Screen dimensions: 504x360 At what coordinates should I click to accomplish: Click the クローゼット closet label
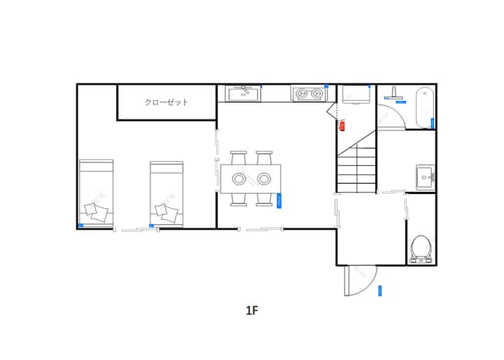(x=166, y=102)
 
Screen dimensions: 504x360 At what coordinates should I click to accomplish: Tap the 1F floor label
(x=252, y=310)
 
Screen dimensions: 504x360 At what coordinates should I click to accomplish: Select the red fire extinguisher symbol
(x=342, y=125)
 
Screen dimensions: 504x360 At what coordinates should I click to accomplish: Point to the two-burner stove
(x=309, y=93)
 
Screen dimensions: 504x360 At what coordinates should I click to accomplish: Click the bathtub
(x=425, y=108)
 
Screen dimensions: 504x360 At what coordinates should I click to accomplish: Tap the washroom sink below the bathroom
(x=426, y=177)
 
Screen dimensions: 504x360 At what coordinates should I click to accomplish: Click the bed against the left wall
(x=96, y=193)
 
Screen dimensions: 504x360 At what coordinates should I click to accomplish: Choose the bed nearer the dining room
(x=167, y=194)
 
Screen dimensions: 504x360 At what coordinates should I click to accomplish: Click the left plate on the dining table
(x=239, y=179)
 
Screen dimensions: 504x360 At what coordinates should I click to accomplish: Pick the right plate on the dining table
(x=264, y=179)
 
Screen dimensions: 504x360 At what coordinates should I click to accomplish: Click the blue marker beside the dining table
(x=279, y=201)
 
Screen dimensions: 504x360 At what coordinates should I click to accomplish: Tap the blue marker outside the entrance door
(x=380, y=291)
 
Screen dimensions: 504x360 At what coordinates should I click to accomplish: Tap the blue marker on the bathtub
(x=433, y=123)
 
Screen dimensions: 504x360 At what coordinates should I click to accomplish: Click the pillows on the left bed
(x=97, y=212)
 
